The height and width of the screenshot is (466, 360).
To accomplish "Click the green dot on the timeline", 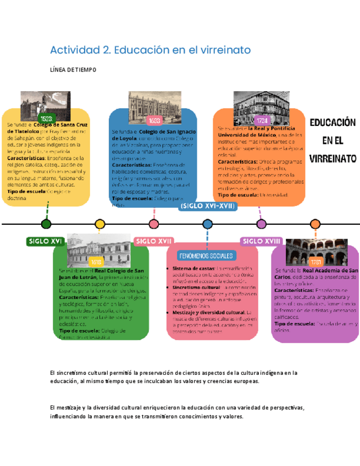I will (46, 224).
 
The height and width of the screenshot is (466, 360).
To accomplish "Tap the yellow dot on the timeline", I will (100, 224).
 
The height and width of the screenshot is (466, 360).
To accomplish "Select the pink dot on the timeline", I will (153, 224).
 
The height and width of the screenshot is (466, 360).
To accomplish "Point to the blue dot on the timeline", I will (207, 224).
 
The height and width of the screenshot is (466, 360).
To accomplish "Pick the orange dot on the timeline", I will (261, 224).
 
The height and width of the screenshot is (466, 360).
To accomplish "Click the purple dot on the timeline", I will (315, 224).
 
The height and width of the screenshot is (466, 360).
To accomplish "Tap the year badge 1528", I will (47, 119).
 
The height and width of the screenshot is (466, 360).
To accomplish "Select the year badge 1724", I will (262, 120).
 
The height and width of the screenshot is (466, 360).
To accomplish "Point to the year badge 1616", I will (97, 262).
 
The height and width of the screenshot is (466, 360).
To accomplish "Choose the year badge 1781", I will (316, 262).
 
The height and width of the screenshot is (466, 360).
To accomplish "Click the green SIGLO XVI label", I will (46, 241).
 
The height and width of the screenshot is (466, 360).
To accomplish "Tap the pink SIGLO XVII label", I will (154, 241).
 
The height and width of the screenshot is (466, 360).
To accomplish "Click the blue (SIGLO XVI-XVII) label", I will (207, 206).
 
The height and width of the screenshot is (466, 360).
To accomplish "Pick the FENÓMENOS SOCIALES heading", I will (206, 256).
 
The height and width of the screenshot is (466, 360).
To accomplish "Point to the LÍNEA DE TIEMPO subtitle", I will (73, 70).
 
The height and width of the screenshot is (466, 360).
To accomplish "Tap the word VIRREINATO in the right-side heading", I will (333, 159).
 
